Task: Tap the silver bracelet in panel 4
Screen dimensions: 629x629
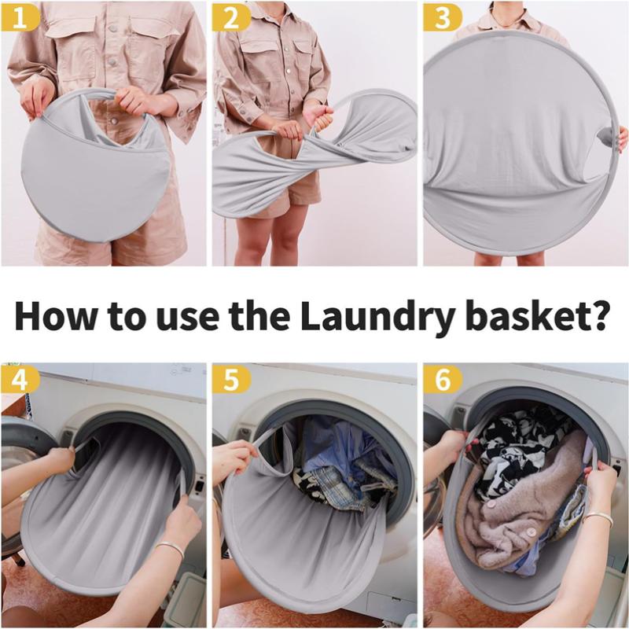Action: [170, 548]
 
